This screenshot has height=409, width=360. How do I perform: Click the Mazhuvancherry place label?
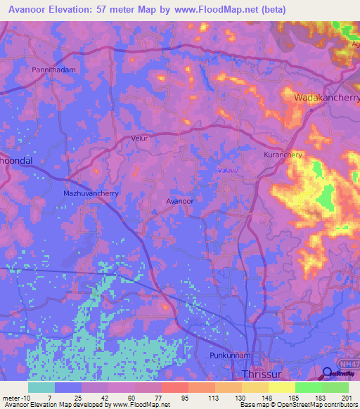(x=91, y=192)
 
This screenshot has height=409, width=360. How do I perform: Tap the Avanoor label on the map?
(x=179, y=201)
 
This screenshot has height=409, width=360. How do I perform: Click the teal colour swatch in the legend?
(x=41, y=387)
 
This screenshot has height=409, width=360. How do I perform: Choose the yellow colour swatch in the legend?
(x=281, y=387)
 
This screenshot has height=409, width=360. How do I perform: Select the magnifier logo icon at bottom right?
(x=327, y=373)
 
